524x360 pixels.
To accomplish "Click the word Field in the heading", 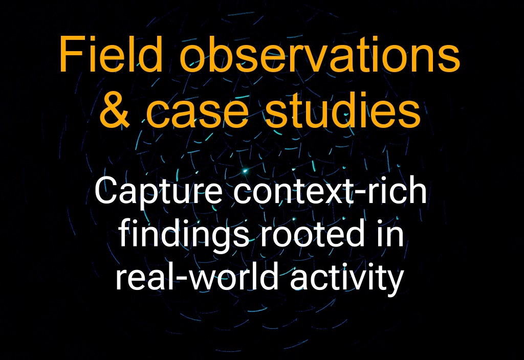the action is click(111, 54).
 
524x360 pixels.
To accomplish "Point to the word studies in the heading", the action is click(343, 110).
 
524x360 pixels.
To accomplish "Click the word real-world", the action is click(197, 276).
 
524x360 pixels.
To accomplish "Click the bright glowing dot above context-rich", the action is click(245, 171).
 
